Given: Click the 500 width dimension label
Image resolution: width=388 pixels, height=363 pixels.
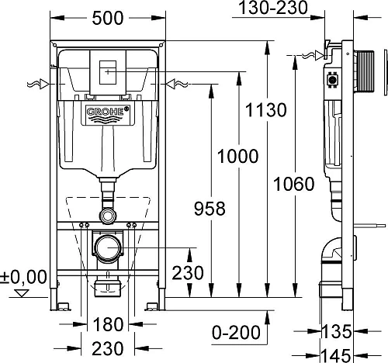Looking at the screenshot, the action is coord(108,19).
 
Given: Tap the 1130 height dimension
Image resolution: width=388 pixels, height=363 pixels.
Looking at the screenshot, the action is coord(266,110).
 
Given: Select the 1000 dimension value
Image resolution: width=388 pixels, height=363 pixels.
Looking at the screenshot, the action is coord(237,156).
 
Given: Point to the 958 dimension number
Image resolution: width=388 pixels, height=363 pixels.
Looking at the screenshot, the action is coord(210,209).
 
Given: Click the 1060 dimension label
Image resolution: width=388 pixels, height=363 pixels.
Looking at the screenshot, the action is coord(294,184).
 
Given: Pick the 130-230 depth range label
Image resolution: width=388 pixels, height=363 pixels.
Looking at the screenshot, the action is coord(273,8).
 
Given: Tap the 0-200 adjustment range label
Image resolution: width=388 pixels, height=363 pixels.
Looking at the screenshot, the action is coord(236,332).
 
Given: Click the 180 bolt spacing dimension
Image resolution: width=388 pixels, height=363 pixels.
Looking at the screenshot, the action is coord(108,324).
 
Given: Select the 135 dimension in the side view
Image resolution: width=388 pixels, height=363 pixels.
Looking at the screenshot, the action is coord(337,331).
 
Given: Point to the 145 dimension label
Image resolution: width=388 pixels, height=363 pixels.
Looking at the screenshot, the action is coord(336,355).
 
